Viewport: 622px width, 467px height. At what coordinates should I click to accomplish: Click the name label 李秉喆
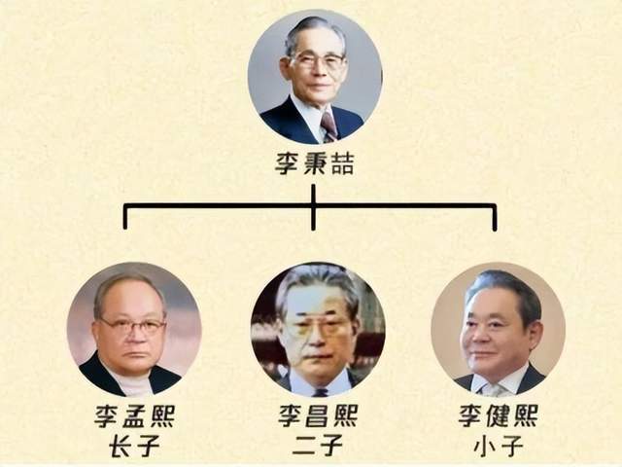point(314,164)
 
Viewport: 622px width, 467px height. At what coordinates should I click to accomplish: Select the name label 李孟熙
point(134,415)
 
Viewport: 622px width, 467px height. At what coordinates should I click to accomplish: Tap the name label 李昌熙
point(318,415)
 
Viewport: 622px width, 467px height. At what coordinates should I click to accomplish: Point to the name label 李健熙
point(499,415)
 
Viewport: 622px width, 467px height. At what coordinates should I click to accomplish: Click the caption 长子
point(134,446)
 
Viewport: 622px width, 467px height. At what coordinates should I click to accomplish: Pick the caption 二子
point(318,446)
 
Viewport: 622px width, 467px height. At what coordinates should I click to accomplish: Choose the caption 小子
point(499,446)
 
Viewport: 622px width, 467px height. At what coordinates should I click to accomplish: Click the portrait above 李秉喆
point(315,77)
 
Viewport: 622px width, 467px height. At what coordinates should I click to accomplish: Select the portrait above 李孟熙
point(134,329)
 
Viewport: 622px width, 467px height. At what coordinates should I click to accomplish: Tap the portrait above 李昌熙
point(318,329)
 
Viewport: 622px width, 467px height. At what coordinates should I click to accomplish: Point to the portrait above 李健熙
point(499,329)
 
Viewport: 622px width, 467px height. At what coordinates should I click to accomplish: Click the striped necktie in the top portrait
point(328,126)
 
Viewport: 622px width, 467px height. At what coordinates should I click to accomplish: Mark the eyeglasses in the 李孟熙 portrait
point(133,327)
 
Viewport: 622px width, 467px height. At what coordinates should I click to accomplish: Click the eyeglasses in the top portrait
point(319,61)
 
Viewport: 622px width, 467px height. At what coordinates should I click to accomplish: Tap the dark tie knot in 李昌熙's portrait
point(320,392)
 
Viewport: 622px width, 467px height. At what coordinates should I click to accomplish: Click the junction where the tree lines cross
point(313,206)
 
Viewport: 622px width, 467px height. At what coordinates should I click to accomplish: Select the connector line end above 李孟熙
point(125,228)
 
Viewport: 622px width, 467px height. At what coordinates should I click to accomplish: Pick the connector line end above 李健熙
point(495,229)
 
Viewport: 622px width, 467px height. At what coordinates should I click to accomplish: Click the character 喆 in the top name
point(342,164)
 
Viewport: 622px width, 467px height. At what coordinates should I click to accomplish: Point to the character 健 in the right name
point(499,415)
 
